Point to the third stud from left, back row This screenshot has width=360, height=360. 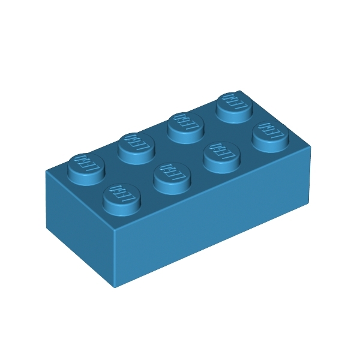click(x=184, y=124)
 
